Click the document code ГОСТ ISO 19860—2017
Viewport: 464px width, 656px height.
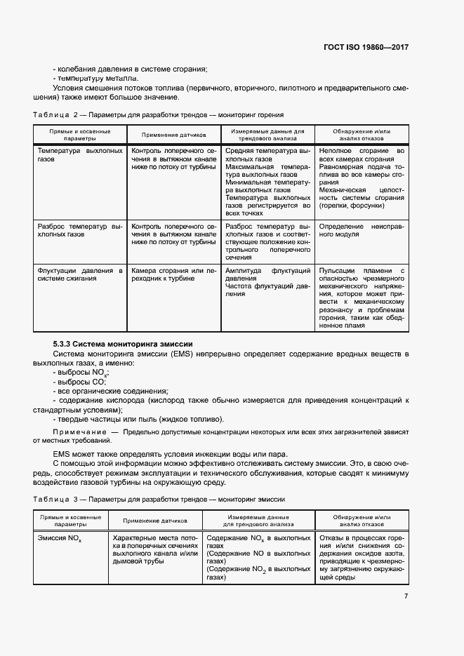pyautogui.click(x=365, y=47)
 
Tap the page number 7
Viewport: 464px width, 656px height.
pyautogui.click(x=406, y=596)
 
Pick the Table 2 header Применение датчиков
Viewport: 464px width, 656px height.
pyautogui.click(x=173, y=135)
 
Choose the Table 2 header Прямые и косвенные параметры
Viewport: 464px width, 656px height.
pyautogui.click(x=79, y=135)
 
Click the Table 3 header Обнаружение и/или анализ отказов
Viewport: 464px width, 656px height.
pyautogui.click(x=362, y=520)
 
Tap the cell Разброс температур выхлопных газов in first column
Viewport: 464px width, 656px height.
pyautogui.click(x=79, y=231)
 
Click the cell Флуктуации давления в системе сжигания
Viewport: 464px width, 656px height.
pyautogui.click(x=79, y=274)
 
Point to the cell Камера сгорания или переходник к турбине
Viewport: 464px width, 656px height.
pyautogui.click(x=173, y=274)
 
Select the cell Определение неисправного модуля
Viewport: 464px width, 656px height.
pyautogui.click(x=362, y=231)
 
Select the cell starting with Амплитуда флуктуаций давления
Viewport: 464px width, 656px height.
pyautogui.click(x=267, y=282)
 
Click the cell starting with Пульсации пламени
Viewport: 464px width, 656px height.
pyautogui.click(x=362, y=297)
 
